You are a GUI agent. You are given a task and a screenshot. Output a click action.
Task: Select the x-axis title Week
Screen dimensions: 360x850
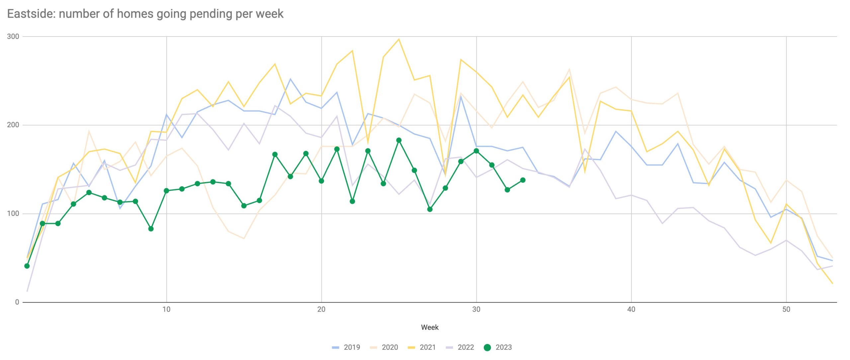pyautogui.click(x=430, y=327)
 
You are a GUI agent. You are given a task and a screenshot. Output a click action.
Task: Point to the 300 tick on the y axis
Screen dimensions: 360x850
pyautogui.click(x=13, y=37)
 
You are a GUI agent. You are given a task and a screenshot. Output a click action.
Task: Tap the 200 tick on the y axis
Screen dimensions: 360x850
pyautogui.click(x=13, y=125)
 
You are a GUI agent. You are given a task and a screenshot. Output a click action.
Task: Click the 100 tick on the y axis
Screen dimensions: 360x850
pyautogui.click(x=13, y=214)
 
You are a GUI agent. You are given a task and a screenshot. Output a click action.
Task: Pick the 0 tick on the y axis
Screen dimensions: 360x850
pyautogui.click(x=17, y=302)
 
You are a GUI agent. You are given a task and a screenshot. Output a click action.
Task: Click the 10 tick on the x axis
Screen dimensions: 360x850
pyautogui.click(x=166, y=310)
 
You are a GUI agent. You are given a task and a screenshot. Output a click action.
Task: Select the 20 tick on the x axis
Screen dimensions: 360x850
pyautogui.click(x=321, y=310)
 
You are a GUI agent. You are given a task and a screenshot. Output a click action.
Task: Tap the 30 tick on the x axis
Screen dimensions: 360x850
pyautogui.click(x=476, y=310)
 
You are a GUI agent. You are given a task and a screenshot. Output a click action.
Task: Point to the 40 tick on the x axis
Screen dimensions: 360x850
pyautogui.click(x=631, y=310)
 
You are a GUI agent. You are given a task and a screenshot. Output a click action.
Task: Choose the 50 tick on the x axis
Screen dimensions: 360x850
pyautogui.click(x=786, y=310)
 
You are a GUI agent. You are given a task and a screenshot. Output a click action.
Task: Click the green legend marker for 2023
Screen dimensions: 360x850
pyautogui.click(x=487, y=347)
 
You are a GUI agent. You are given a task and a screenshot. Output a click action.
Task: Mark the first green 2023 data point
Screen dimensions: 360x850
pyautogui.click(x=27, y=266)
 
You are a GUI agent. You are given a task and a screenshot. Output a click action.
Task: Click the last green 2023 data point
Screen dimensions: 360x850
pyautogui.click(x=523, y=180)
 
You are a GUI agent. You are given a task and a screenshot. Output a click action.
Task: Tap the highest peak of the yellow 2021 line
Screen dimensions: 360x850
pyautogui.click(x=399, y=39)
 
